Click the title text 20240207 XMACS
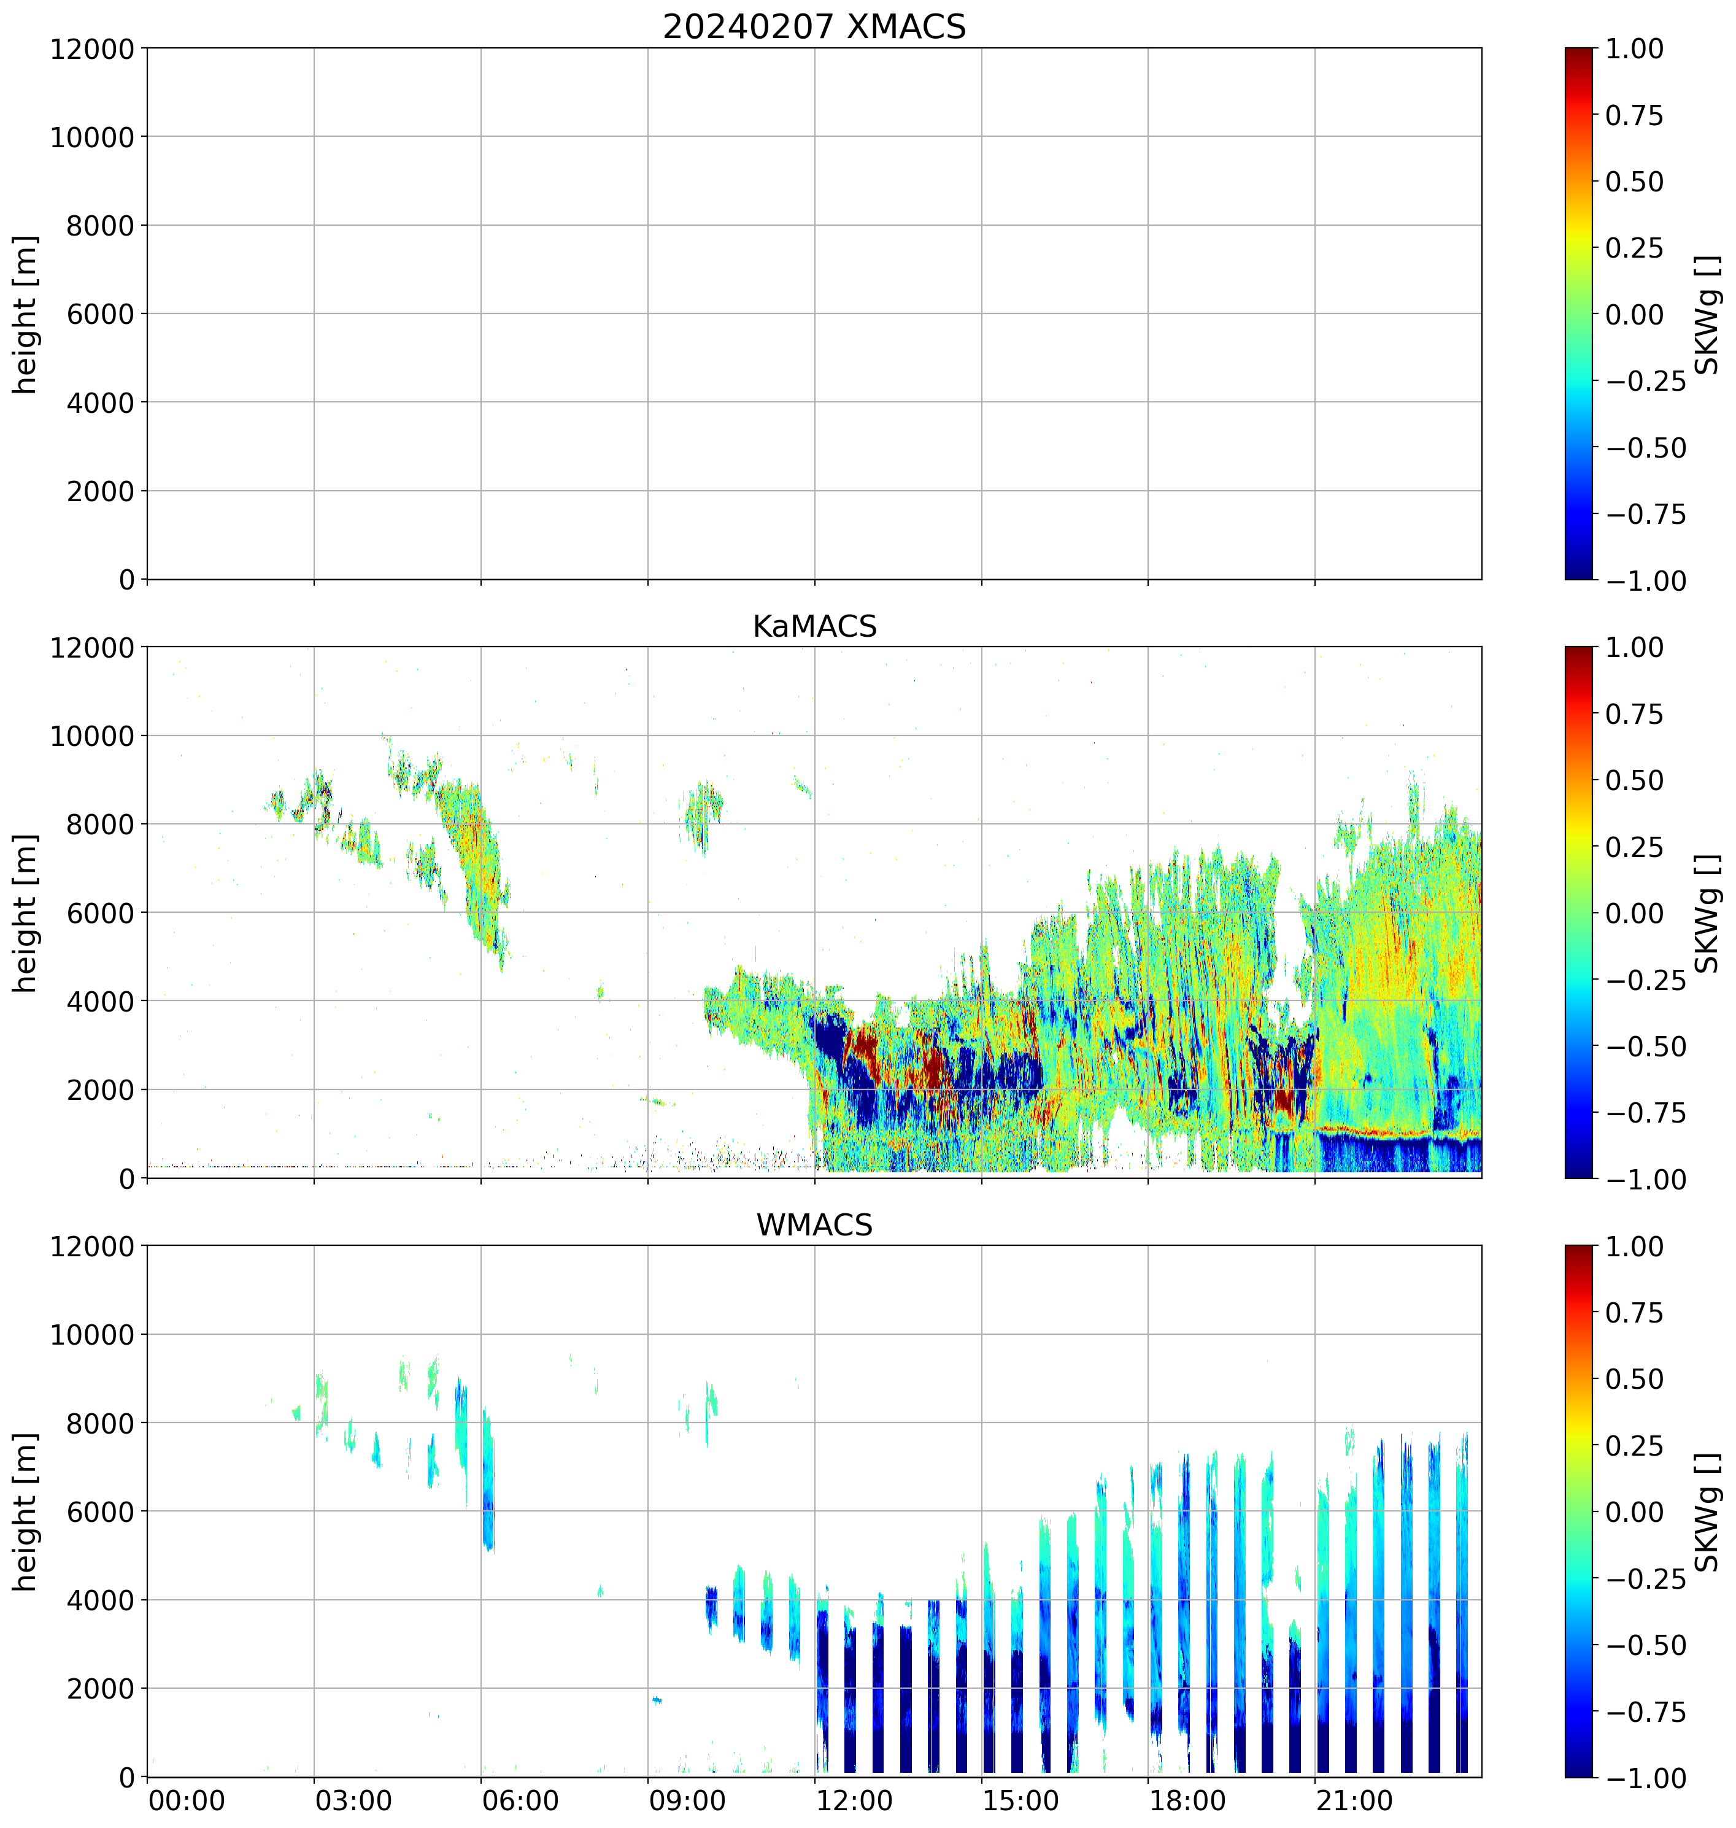[x=814, y=27]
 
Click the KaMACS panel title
[x=814, y=626]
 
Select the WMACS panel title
[x=814, y=1225]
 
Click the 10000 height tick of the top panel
[x=91, y=137]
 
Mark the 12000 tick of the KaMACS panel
[x=91, y=648]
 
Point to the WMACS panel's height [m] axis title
[x=26, y=1511]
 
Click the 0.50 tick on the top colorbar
[x=1634, y=182]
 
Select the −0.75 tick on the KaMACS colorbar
[x=1645, y=1113]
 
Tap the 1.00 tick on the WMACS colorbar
[x=1634, y=1246]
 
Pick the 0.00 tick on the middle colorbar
[x=1634, y=913]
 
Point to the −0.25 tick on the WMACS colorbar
[x=1645, y=1578]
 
